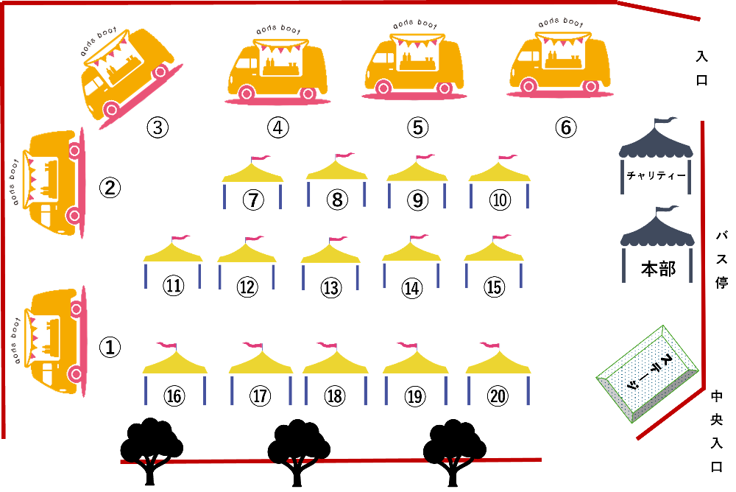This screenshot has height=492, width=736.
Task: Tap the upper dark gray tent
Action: (x=656, y=151)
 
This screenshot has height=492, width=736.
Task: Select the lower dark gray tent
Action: (x=657, y=239)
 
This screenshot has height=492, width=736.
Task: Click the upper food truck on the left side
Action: (x=53, y=180)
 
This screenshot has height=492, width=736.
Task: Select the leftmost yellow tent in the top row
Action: (x=252, y=180)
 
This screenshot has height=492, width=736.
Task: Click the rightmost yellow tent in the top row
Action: (x=499, y=180)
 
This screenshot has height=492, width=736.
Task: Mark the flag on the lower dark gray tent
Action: (x=666, y=209)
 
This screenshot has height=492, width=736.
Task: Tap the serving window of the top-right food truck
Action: (x=564, y=56)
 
